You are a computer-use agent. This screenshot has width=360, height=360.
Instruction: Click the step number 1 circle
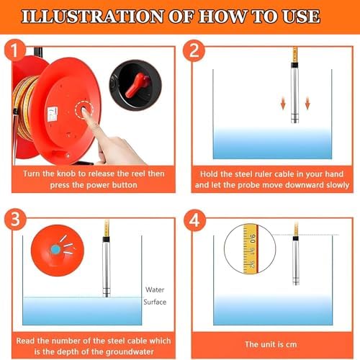point(15,50)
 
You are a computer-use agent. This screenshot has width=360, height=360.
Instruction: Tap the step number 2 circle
point(194,50)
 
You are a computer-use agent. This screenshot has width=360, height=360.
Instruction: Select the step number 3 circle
point(15,219)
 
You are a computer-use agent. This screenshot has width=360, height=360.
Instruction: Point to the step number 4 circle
point(194,220)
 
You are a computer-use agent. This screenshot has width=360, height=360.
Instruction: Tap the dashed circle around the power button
point(84,110)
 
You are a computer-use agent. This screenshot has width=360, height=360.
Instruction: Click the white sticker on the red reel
point(53,114)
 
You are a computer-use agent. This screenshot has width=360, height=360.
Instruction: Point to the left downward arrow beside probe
point(283,103)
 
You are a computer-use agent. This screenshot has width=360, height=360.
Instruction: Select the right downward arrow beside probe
point(307,103)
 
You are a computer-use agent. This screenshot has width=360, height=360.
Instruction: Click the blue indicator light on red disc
point(55,250)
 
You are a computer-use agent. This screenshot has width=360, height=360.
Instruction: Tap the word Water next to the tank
point(155,289)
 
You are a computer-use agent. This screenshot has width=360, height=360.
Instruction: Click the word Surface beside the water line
point(155,302)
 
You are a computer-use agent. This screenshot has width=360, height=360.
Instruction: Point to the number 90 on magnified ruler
point(253,238)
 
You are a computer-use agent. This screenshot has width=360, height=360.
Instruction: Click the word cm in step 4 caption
point(291,345)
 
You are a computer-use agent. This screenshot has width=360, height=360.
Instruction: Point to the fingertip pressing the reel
point(85,112)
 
